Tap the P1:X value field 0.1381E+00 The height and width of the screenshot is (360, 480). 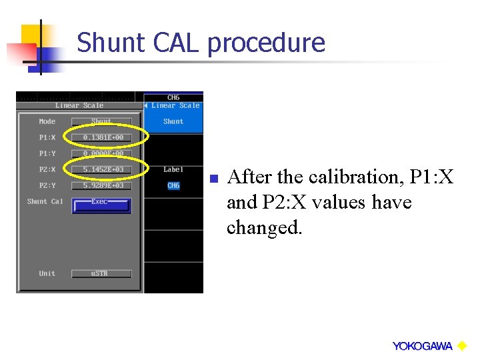click(x=102, y=137)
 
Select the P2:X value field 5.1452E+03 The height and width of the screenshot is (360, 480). click(x=102, y=169)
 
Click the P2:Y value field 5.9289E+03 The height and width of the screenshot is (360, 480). click(x=102, y=185)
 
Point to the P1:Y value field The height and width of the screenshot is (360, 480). click(x=102, y=153)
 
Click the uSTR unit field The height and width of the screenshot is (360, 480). click(x=102, y=273)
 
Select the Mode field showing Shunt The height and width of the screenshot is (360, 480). click(x=102, y=121)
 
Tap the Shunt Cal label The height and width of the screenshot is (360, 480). click(x=45, y=201)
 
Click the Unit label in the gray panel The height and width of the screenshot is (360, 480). click(x=47, y=273)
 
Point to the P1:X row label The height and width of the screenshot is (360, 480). click(x=47, y=137)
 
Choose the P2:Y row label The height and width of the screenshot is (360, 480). click(x=47, y=185)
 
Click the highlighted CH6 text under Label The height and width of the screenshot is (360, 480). click(x=173, y=186)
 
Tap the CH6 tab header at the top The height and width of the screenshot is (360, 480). click(x=173, y=97)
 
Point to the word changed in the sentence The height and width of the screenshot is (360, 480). click(x=264, y=228)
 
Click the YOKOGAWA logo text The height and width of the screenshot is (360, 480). click(x=422, y=346)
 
